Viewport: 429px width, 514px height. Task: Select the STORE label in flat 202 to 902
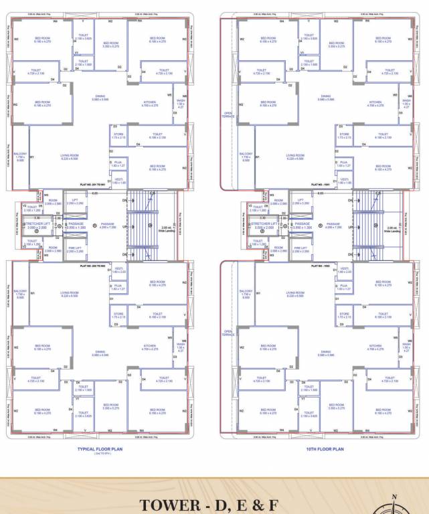pyautogui.click(x=118, y=315)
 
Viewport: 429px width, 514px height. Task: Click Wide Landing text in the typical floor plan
pyautogui.click(x=168, y=230)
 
